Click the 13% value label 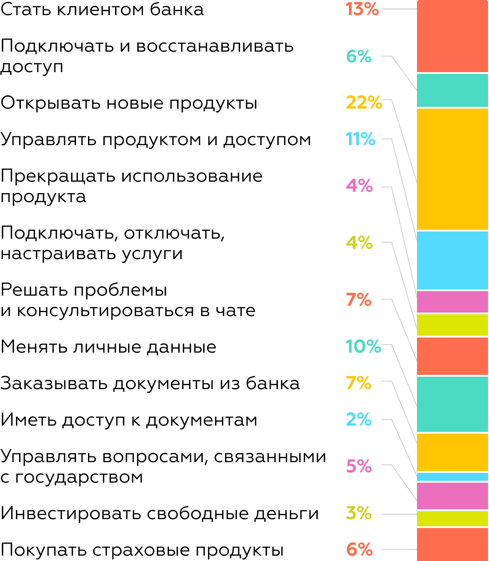(362, 9)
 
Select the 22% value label (364, 102)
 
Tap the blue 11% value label (361, 139)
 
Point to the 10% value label (363, 346)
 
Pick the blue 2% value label (359, 419)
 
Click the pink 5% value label (359, 466)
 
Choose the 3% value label (359, 513)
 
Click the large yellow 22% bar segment (452, 169)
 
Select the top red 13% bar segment (452, 37)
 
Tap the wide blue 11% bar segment (452, 260)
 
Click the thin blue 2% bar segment (452, 477)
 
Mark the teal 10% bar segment (452, 404)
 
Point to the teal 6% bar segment (452, 90)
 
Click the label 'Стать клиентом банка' (102, 10)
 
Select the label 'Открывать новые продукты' (129, 103)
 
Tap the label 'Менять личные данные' (108, 347)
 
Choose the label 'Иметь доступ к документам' (129, 420)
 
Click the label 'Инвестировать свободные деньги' (160, 513)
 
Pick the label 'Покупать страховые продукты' (142, 550)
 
